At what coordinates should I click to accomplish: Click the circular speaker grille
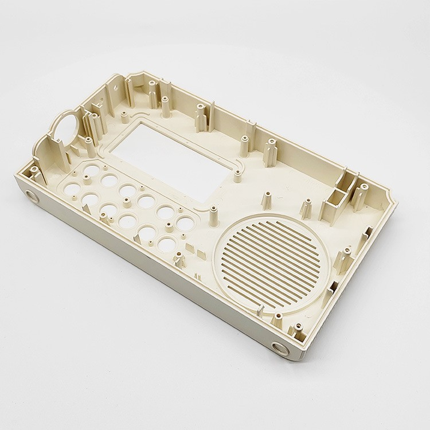(x=269, y=261)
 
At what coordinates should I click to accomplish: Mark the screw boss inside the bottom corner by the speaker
(x=298, y=331)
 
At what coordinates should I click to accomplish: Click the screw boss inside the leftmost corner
(x=36, y=171)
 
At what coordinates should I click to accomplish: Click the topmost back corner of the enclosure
(x=138, y=75)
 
